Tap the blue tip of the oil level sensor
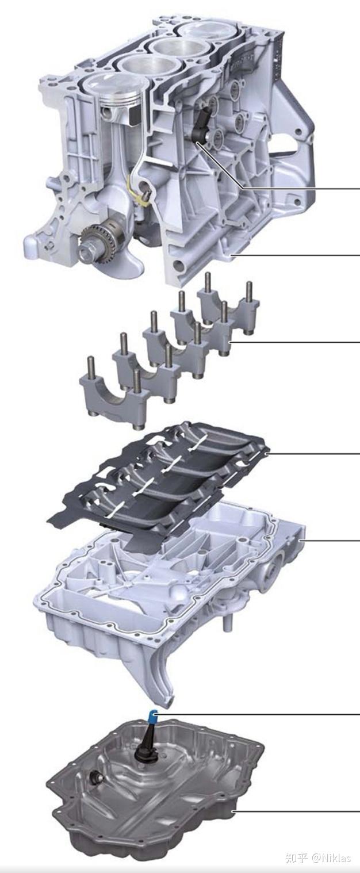pos(151,717)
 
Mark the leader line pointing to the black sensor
pos(299,188)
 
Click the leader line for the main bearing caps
pos(299,342)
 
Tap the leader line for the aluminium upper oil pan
pos(334,541)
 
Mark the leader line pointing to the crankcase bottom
pos(299,254)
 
